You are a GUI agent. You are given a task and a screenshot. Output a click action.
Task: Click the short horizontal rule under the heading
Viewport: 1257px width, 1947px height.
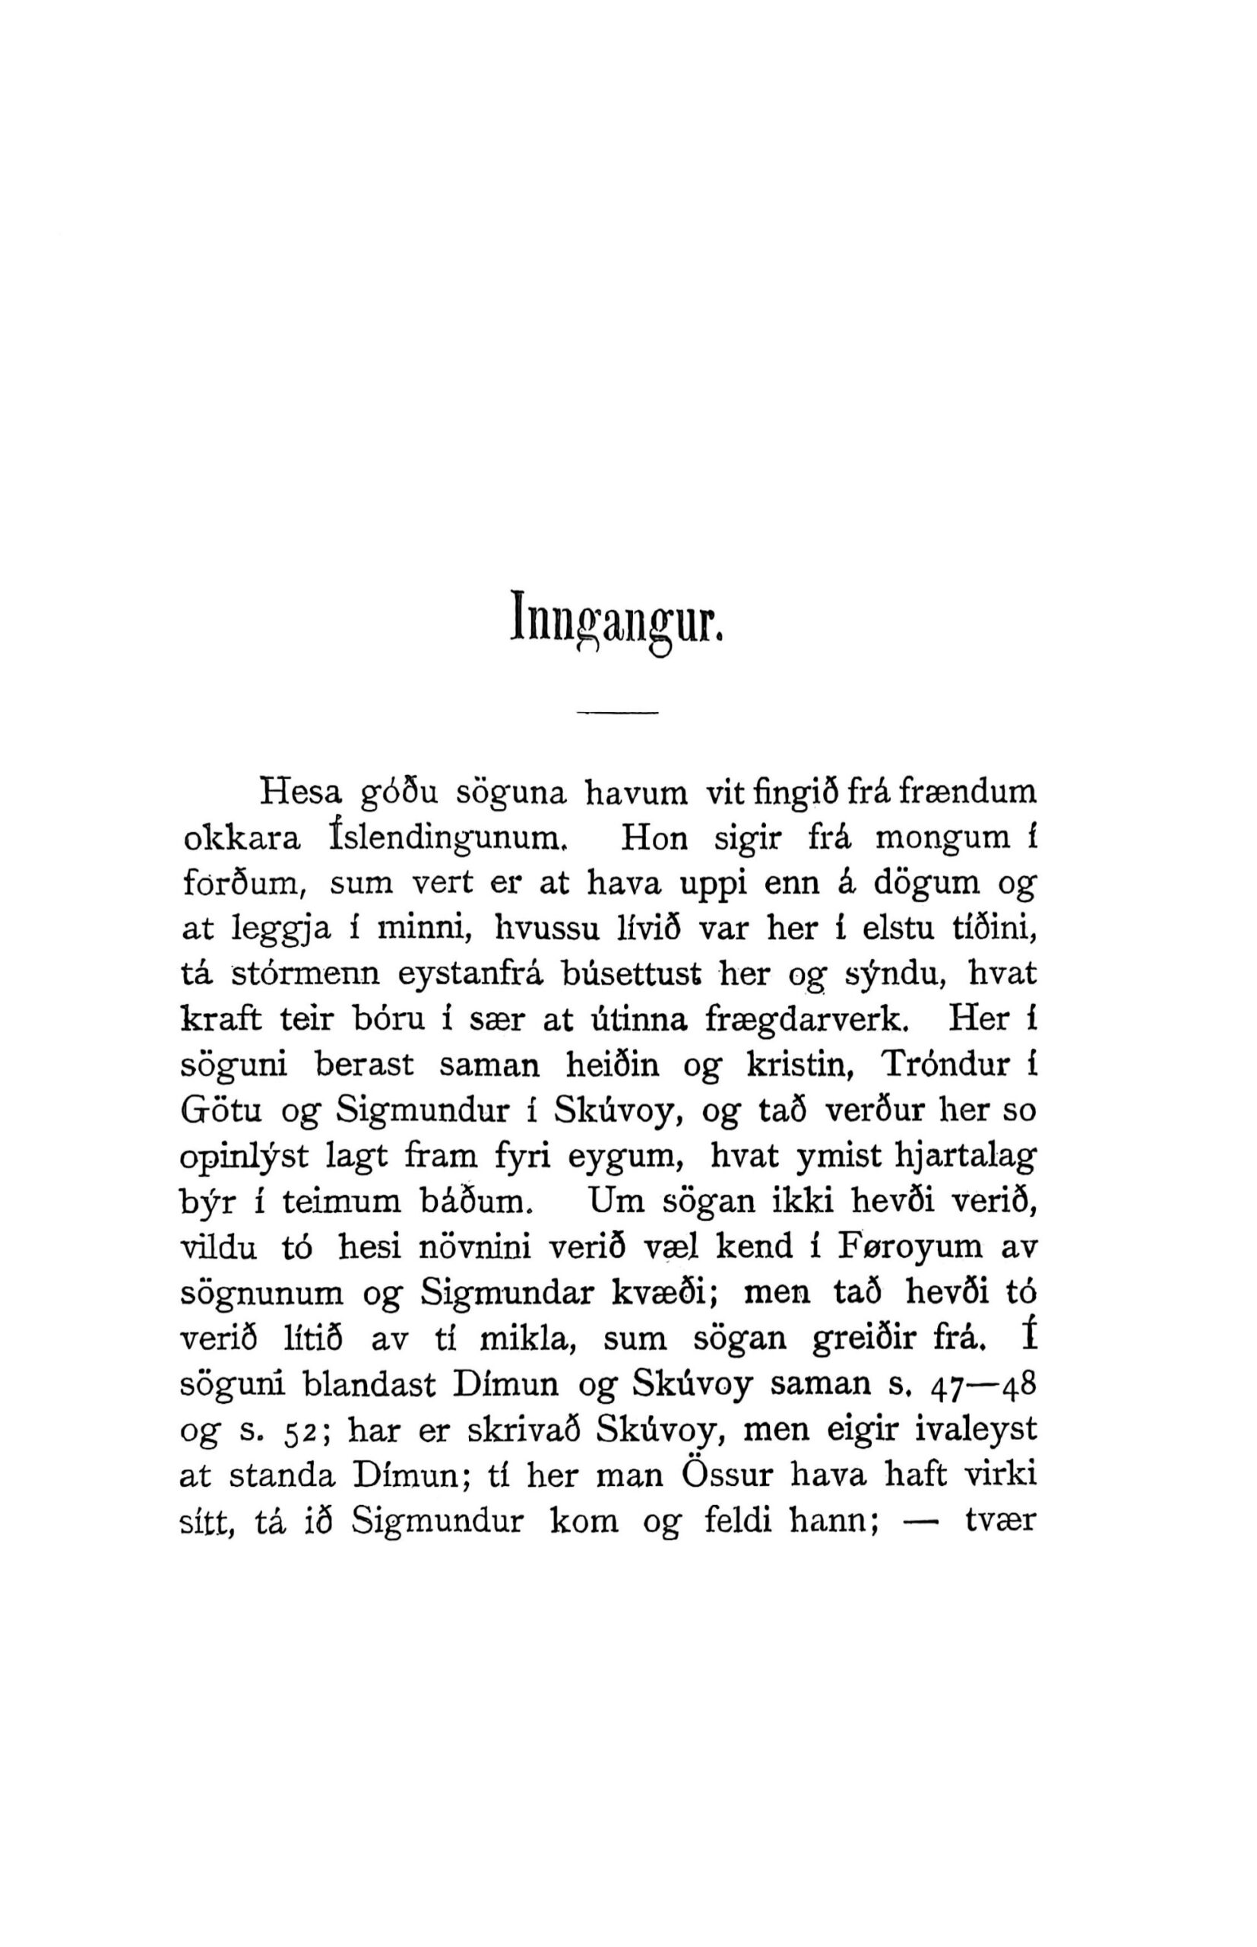(x=617, y=716)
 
